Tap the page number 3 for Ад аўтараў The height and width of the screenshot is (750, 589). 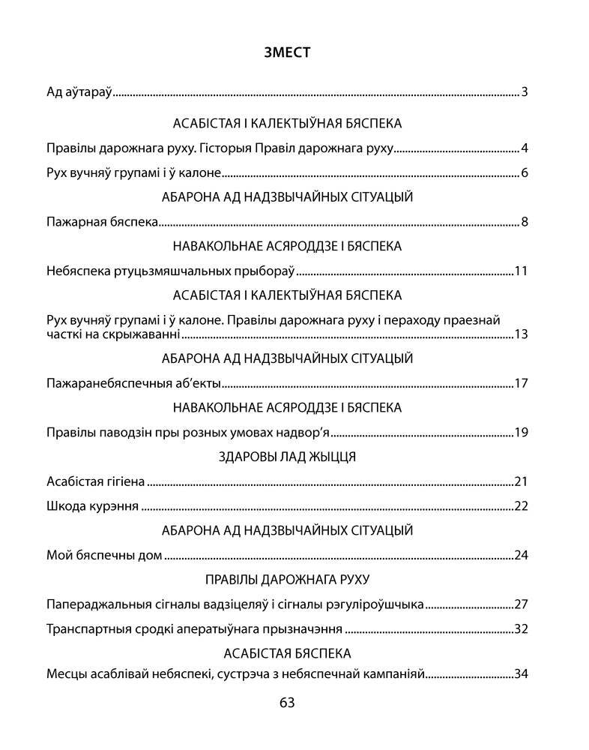[x=525, y=93]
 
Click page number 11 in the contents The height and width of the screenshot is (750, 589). [x=522, y=271]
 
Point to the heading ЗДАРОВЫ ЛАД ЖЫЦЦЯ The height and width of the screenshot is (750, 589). [x=287, y=456]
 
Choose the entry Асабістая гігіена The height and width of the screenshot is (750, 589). [x=95, y=481]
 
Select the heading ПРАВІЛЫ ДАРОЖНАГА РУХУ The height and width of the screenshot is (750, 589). [x=287, y=579]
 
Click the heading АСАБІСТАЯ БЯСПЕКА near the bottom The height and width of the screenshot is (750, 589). [x=287, y=653]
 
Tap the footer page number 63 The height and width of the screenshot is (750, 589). [x=287, y=703]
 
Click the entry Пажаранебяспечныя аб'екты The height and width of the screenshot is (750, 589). [x=133, y=384]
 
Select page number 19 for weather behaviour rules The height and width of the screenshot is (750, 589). [x=522, y=432]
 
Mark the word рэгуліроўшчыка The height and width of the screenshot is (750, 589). [x=372, y=604]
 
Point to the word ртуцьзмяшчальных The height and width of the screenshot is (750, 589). [x=166, y=271]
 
